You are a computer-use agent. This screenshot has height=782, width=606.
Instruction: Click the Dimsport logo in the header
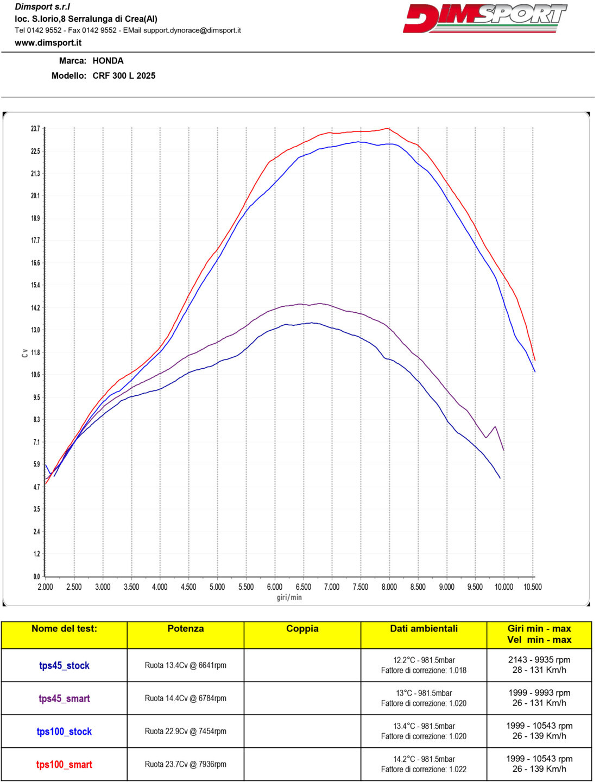pos(484,18)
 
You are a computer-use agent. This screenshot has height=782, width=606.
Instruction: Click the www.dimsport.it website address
pos(48,42)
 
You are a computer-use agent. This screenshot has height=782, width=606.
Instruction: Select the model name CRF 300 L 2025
pos(124,75)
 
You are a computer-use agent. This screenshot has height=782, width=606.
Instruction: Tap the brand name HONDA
pos(108,61)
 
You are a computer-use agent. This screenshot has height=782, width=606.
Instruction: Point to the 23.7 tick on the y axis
pos(35,129)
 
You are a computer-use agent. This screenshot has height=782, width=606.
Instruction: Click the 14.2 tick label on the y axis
pos(35,308)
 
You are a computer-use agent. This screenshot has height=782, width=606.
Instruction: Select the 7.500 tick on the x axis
pos(360,587)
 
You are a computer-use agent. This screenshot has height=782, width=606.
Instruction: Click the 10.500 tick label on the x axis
pos(532,587)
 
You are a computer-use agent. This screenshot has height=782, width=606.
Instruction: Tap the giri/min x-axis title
pos(289,597)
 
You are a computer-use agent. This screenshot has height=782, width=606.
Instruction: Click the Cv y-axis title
pos(24,353)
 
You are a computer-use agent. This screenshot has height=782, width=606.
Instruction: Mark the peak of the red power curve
pos(387,128)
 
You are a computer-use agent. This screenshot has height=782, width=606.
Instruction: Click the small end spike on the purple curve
pos(495,427)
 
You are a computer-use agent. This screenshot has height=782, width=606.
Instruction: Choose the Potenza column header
pos(185,629)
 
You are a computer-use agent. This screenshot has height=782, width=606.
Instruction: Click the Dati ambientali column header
pos(424,629)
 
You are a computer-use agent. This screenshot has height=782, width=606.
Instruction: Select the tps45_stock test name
pos(64,666)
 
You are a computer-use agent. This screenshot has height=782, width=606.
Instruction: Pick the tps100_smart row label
pos(64,765)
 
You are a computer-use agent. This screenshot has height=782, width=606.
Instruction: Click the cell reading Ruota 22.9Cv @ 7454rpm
pos(185,731)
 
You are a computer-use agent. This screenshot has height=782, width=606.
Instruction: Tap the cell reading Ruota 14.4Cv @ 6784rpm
pos(185,698)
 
